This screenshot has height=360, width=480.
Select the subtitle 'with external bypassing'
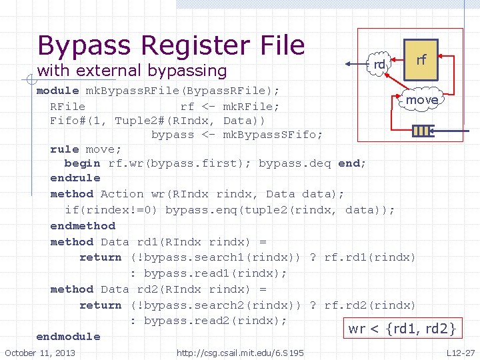(x=131, y=70)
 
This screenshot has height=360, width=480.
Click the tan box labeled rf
(x=421, y=60)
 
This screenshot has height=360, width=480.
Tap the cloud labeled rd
(x=380, y=65)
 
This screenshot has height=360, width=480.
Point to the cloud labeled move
(x=421, y=100)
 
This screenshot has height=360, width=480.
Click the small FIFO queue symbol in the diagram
(x=423, y=131)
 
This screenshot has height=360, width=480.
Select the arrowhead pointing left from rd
(x=349, y=64)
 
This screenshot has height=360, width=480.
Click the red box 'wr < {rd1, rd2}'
(x=402, y=328)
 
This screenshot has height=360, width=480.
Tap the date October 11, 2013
(x=40, y=353)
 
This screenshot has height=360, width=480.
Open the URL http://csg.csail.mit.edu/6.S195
(x=240, y=353)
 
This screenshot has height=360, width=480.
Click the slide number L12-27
(x=461, y=353)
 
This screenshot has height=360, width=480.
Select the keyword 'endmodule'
(x=68, y=337)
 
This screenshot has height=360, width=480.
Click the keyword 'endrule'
(x=75, y=178)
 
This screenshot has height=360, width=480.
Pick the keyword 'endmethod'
(x=83, y=226)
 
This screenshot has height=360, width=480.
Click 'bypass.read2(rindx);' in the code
(x=215, y=321)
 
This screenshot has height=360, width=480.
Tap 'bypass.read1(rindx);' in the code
(x=215, y=273)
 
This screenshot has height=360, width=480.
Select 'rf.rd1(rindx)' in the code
(x=369, y=257)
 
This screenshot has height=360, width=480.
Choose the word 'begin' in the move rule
(x=82, y=163)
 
